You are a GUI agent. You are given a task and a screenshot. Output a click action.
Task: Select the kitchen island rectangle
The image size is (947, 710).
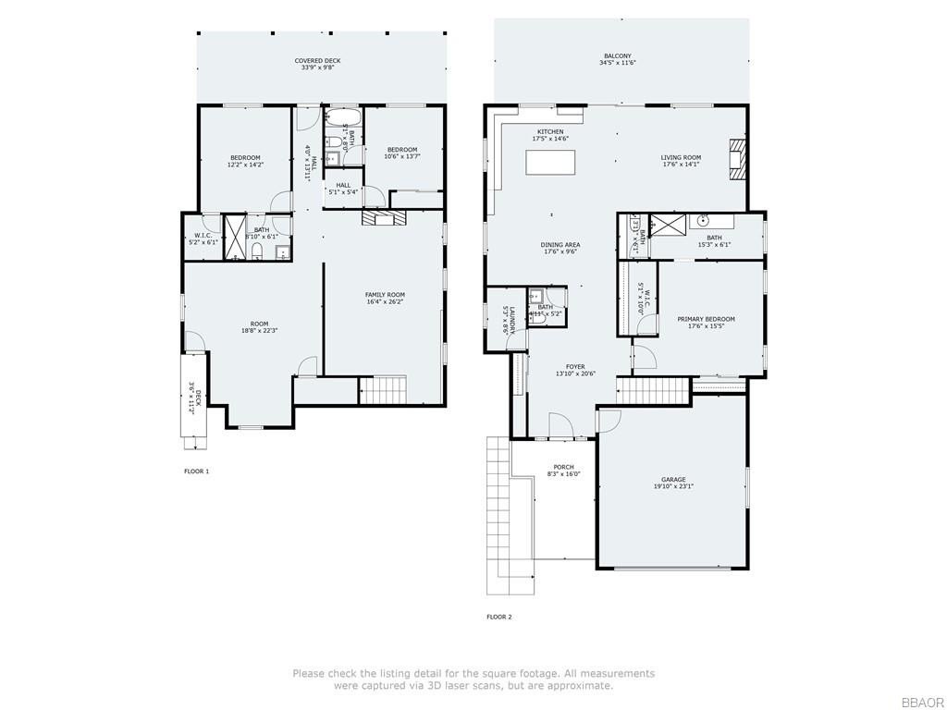click(x=551, y=162)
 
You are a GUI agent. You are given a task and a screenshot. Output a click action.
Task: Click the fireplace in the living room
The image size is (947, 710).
click(x=736, y=159)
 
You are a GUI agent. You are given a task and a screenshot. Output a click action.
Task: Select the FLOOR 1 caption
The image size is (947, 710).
click(x=196, y=471)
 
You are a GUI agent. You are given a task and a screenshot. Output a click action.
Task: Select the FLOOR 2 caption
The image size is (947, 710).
click(x=498, y=617)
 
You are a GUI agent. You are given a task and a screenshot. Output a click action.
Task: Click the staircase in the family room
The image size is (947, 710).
click(x=382, y=389)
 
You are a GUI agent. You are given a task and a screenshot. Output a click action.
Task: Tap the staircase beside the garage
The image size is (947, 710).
click(x=653, y=392)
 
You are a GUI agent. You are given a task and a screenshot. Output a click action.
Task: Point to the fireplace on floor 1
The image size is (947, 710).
click(x=383, y=217)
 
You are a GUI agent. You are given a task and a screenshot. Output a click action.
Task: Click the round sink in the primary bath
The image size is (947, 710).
click(x=703, y=221)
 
